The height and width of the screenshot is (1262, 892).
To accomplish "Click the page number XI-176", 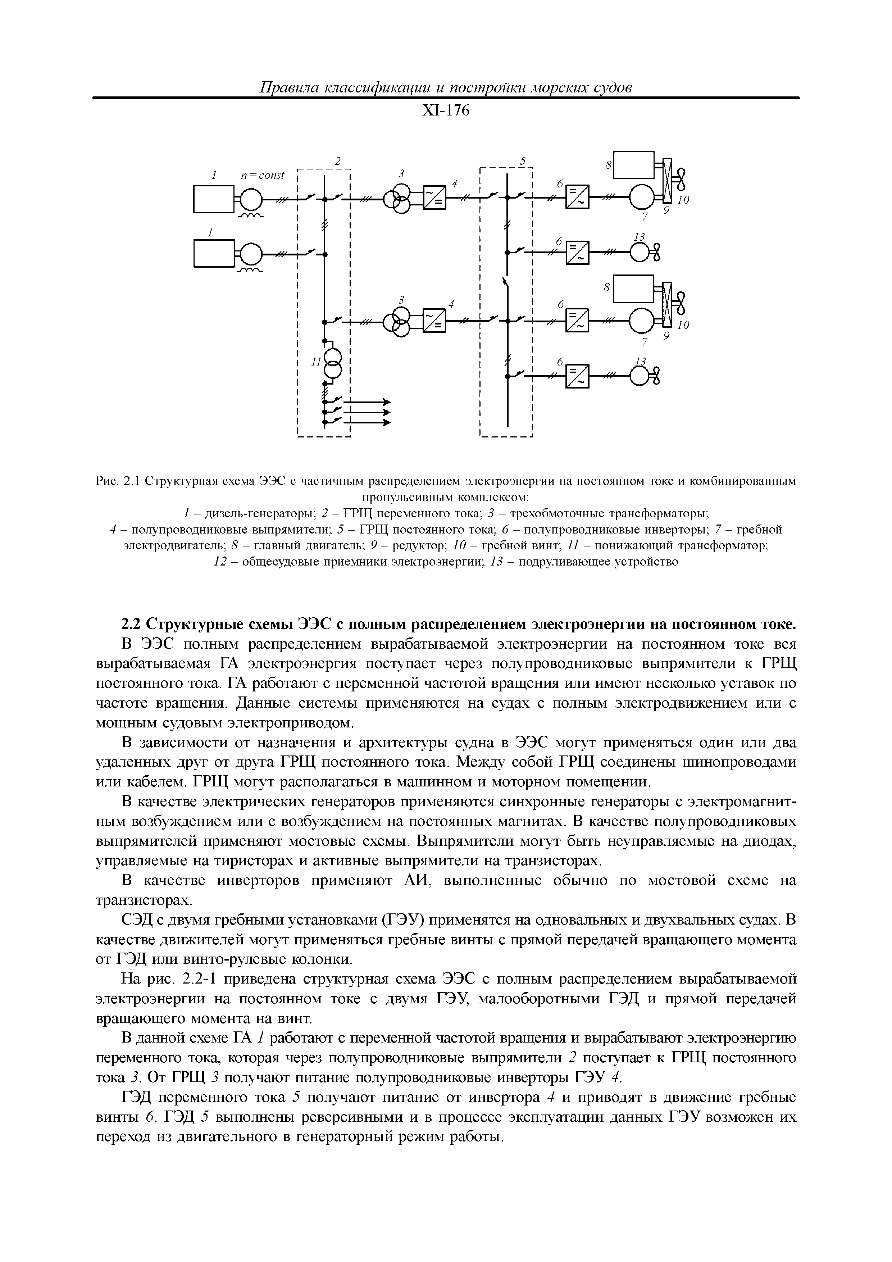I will [x=445, y=111].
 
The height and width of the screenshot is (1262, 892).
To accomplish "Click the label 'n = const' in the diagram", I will [x=263, y=175].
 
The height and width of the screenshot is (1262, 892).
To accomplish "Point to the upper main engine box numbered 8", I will [x=633, y=165].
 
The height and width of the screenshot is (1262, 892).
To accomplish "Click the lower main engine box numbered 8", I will [x=633, y=289].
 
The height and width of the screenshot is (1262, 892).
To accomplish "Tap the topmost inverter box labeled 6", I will [x=577, y=196].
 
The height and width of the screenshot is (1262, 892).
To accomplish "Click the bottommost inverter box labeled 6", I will [x=577, y=376].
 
